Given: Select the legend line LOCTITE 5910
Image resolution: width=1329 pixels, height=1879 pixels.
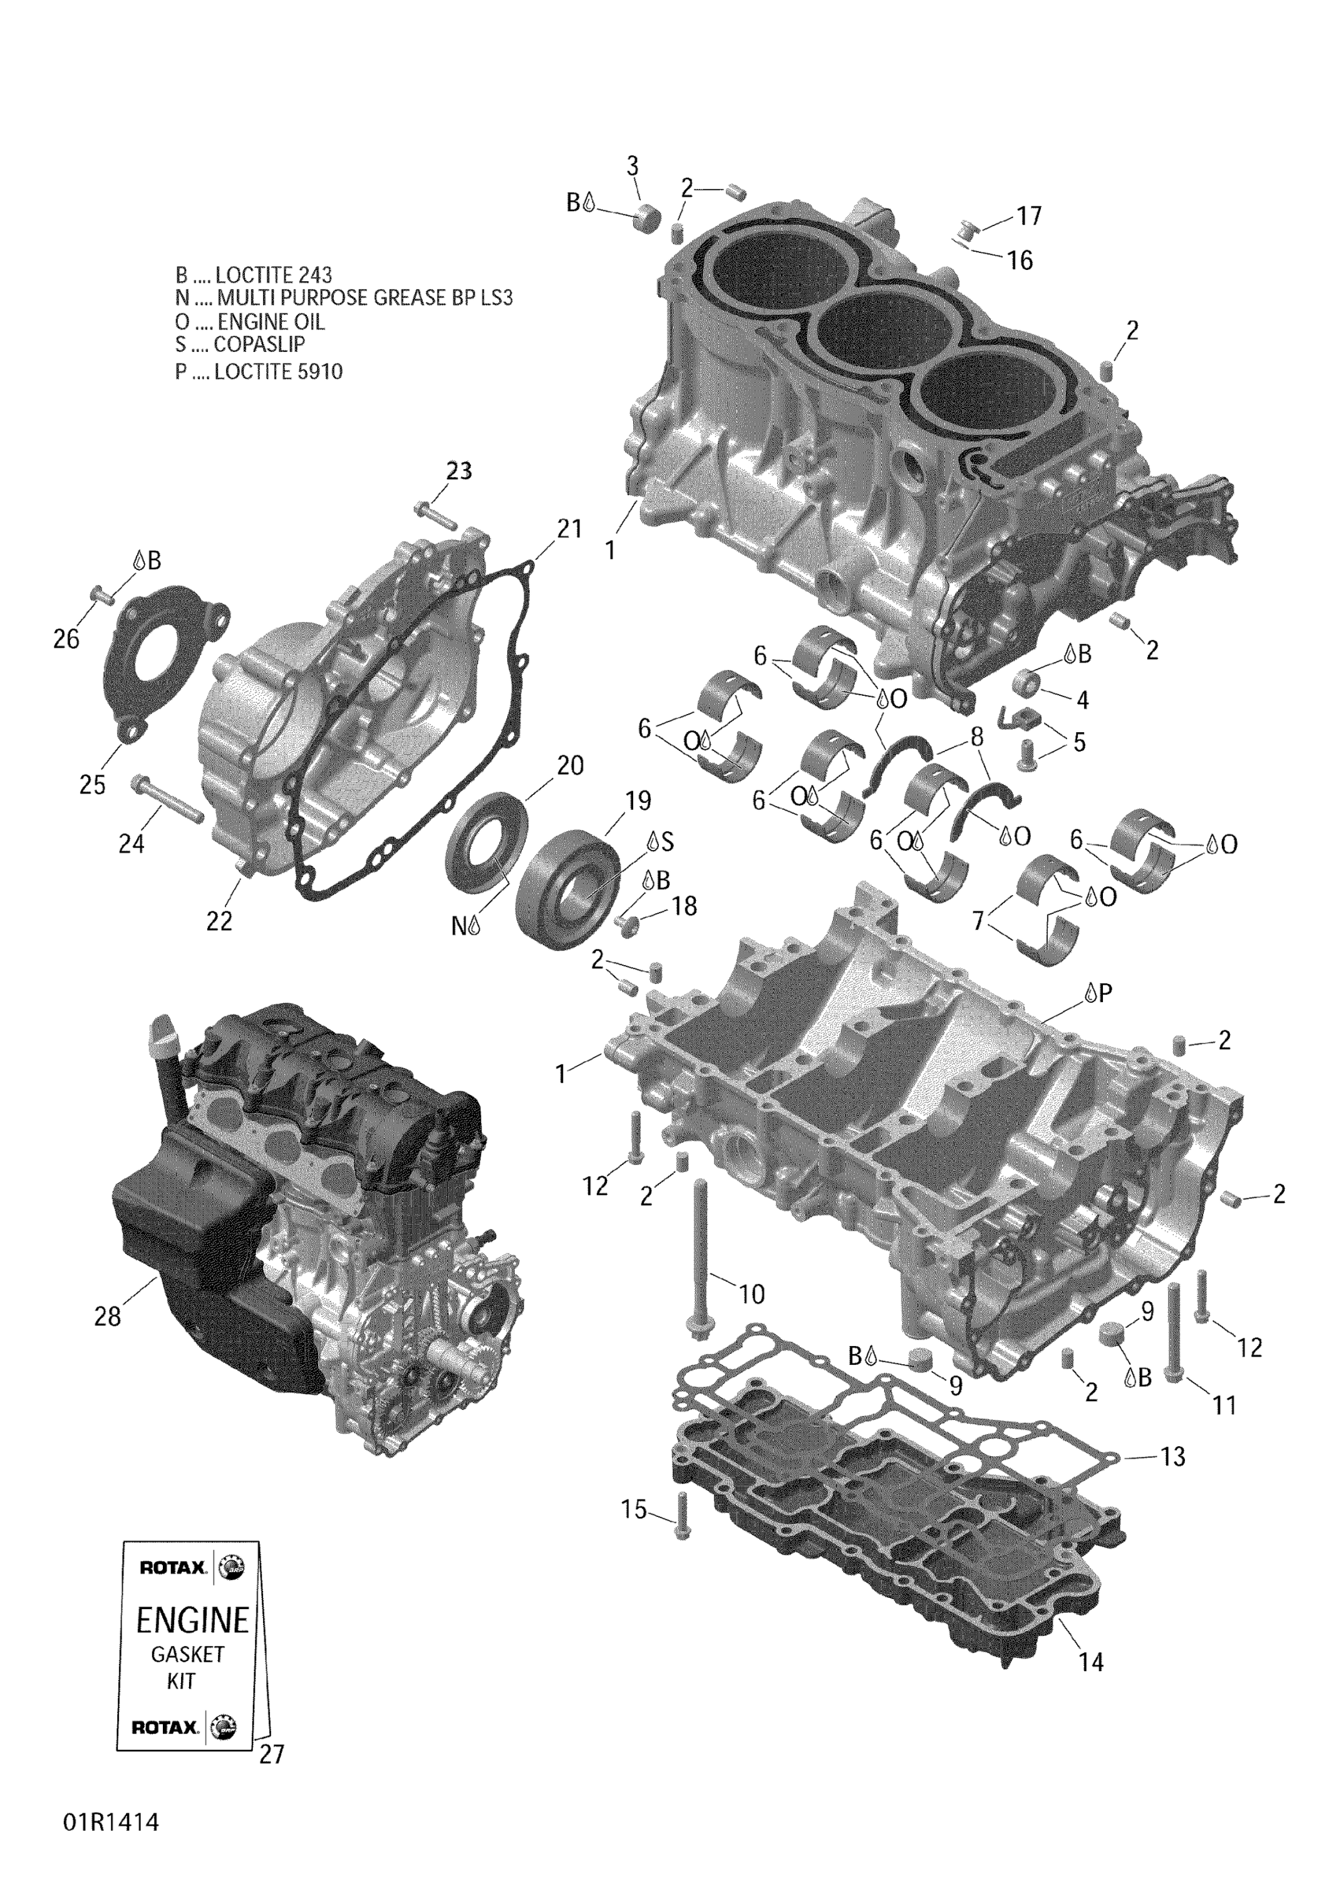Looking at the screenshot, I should click(x=259, y=371).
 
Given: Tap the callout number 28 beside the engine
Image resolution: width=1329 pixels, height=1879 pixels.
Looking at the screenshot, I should click(x=107, y=1317).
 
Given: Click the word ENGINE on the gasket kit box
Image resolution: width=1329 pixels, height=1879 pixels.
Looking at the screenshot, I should click(x=192, y=1620).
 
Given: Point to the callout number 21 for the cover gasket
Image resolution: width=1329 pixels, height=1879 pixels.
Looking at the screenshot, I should click(x=569, y=529).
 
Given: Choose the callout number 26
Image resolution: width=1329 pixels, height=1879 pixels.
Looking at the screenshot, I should click(x=66, y=639).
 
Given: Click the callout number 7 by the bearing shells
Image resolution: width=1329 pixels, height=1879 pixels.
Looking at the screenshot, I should click(x=977, y=921).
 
